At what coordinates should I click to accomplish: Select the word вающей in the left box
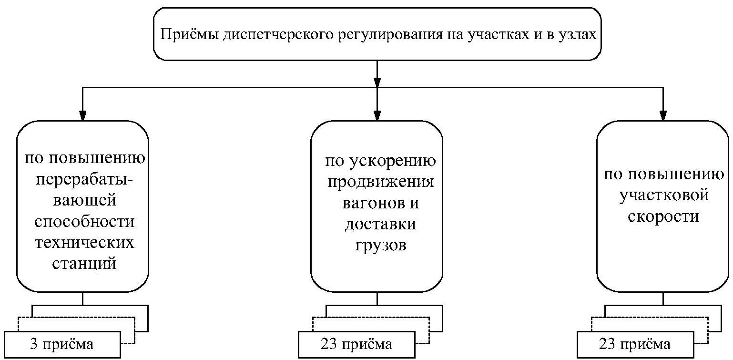click(x=83, y=200)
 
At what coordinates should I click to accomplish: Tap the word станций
click(x=83, y=264)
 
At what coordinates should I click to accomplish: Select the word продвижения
click(x=380, y=183)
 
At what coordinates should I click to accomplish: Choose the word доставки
click(x=380, y=225)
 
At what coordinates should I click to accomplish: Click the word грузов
click(x=380, y=246)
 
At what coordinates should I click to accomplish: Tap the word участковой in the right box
click(x=663, y=195)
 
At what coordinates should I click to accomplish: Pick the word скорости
click(x=663, y=216)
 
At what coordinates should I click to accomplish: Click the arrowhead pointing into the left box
click(x=83, y=115)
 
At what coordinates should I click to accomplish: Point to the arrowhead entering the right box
click(x=663, y=115)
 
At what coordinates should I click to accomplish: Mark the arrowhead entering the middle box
click(x=377, y=115)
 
